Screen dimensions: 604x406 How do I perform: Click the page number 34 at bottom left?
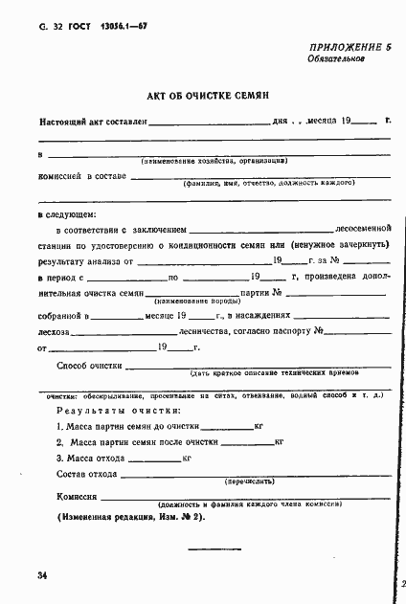point(42,575)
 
